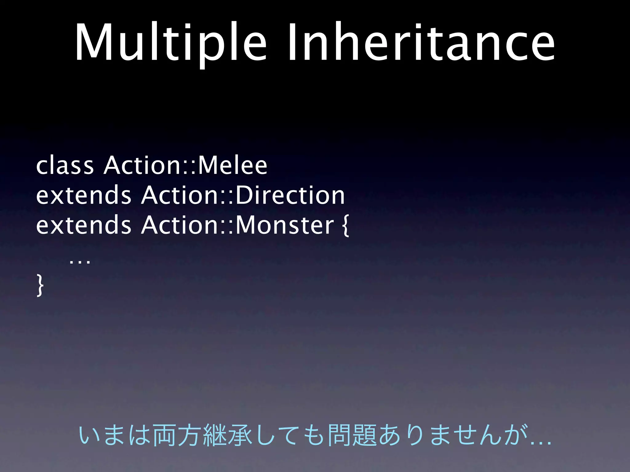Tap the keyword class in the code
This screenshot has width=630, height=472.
point(65,166)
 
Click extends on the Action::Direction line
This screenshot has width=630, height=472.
point(83,195)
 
